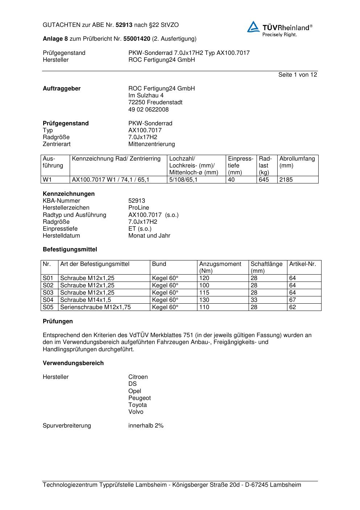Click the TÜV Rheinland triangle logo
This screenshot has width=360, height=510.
(x=254, y=27)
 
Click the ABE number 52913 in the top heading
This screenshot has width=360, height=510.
(x=124, y=25)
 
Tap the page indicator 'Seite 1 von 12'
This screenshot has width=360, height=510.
(x=298, y=74)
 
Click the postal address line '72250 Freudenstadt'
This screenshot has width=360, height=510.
(x=155, y=102)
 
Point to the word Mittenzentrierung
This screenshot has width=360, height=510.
(x=151, y=144)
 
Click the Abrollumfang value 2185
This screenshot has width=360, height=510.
(x=286, y=179)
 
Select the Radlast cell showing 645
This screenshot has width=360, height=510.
(x=264, y=179)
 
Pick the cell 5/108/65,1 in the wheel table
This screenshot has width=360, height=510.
(x=183, y=179)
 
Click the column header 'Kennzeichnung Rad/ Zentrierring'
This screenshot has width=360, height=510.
(x=116, y=159)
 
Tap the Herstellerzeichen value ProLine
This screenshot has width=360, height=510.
(x=139, y=208)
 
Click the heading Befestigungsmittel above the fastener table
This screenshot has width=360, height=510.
(x=70, y=250)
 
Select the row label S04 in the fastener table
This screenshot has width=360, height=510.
(x=48, y=300)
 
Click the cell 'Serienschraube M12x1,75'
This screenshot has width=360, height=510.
(x=95, y=307)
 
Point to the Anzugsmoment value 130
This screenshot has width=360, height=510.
(x=204, y=300)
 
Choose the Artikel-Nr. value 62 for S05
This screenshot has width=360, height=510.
(x=292, y=307)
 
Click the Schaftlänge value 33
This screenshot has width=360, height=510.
(x=254, y=300)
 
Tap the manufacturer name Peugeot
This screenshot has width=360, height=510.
(x=139, y=398)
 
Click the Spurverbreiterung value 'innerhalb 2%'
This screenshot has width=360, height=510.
(x=146, y=425)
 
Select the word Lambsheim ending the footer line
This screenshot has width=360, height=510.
(x=285, y=485)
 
